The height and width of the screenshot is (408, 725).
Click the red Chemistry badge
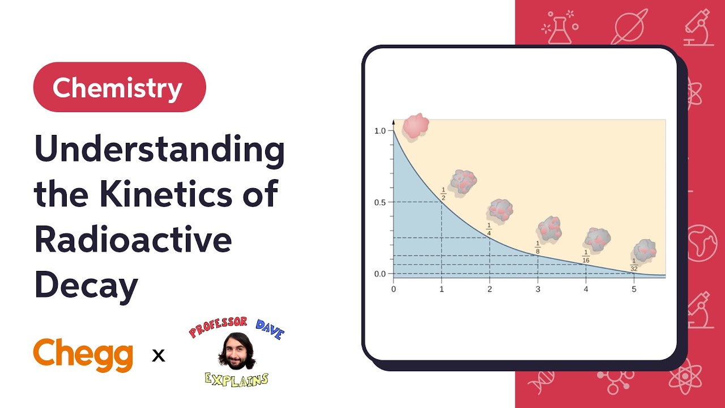tap(119, 87)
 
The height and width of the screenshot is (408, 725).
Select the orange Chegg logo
tap(83, 355)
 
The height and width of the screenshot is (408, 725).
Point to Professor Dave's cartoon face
tap(236, 351)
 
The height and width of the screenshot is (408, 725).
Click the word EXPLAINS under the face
tap(237, 379)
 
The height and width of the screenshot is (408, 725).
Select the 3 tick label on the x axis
tap(538, 289)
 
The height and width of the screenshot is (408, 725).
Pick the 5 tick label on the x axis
tap(634, 289)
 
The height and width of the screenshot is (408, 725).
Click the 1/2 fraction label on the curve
tap(443, 193)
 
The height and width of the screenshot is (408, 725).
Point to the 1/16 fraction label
tap(586, 257)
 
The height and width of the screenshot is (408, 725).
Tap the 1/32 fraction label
tap(634, 265)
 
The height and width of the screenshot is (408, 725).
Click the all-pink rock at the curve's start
tap(415, 125)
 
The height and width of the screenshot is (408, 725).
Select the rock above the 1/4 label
tap(500, 210)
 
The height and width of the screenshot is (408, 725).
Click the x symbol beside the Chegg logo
tap(159, 356)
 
